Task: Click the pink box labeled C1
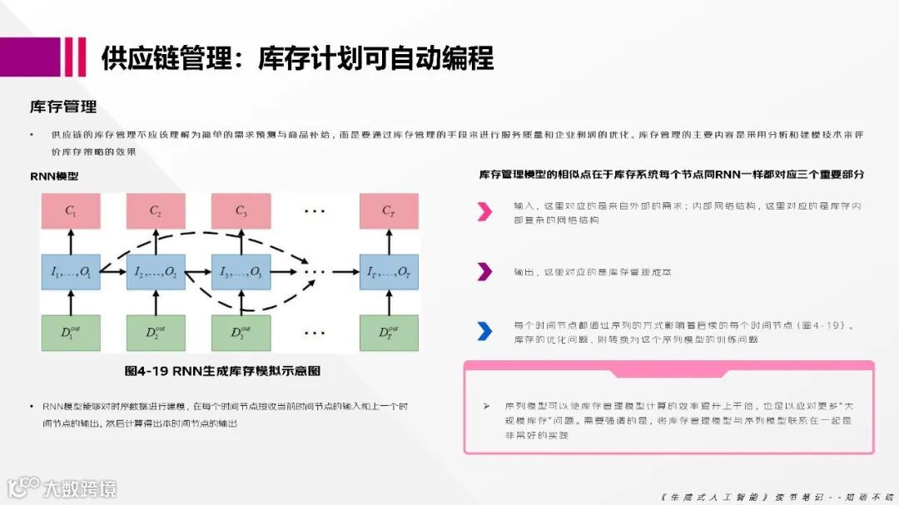[x=71, y=210]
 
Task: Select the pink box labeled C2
[x=155, y=210]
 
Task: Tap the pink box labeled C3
[x=241, y=210]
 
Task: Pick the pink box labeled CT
[x=389, y=210]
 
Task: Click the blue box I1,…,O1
[x=71, y=271]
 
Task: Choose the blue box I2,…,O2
[x=155, y=271]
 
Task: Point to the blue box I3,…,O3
[x=241, y=271]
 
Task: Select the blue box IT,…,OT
[x=389, y=271]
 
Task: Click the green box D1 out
[x=71, y=333]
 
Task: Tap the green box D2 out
[x=155, y=333]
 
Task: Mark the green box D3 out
[x=241, y=333]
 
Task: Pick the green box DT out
[x=389, y=333]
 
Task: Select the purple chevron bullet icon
[x=484, y=271]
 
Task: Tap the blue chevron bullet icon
[x=484, y=331]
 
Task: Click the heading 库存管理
[x=63, y=106]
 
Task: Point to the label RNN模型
[x=54, y=176]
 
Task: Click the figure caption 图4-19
[x=222, y=370]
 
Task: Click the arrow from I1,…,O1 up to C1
[x=71, y=241]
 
